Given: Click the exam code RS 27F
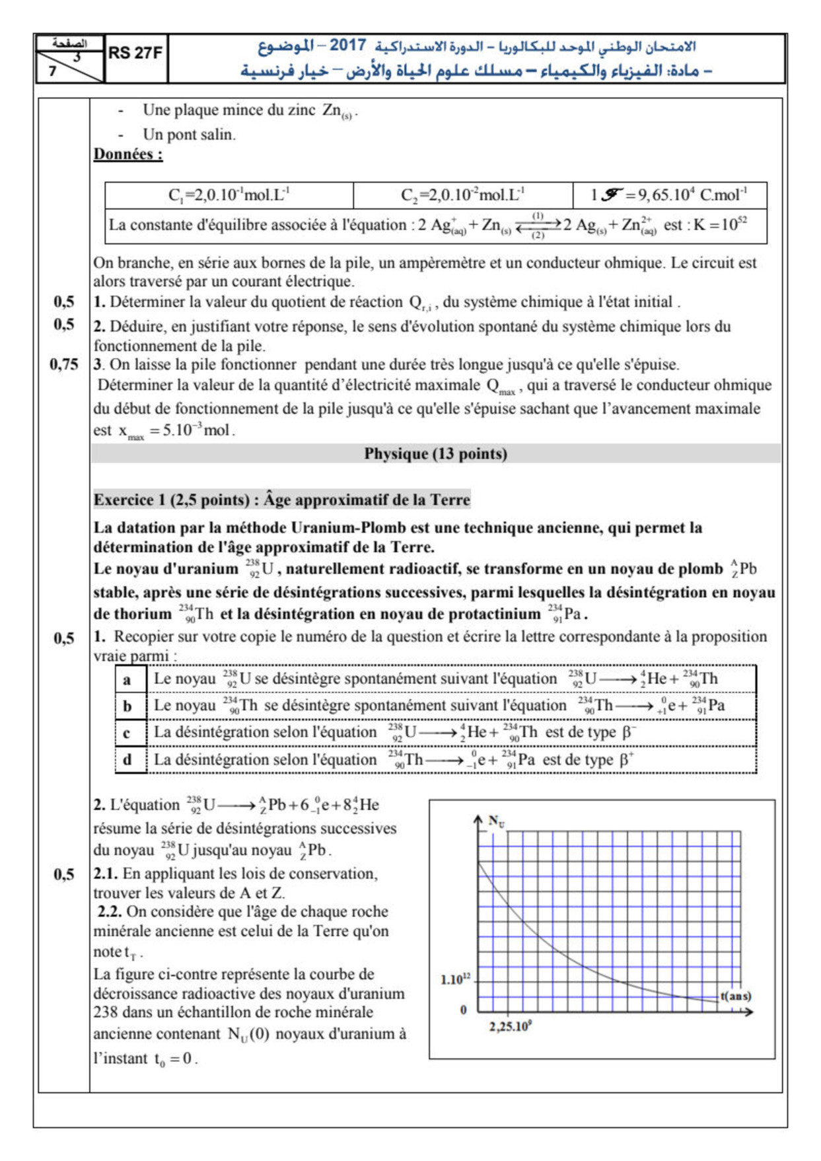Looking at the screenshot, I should [135, 54].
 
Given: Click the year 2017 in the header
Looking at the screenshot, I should [347, 45].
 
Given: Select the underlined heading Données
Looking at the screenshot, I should [127, 154].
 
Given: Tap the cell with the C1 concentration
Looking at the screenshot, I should [229, 195].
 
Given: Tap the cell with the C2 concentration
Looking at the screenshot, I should [462, 195].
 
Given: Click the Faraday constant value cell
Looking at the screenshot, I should [668, 195].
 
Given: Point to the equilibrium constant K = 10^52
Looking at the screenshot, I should [720, 225].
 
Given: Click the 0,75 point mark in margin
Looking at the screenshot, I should [64, 364].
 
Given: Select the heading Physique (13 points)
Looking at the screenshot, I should [435, 454].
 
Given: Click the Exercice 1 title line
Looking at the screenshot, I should [281, 500].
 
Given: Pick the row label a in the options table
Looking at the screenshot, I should [127, 679].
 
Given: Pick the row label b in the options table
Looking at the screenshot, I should [127, 706].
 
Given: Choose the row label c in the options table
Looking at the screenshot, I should [127, 733].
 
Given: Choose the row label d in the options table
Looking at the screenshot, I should [127, 760].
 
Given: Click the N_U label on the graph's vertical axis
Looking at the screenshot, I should [496, 821].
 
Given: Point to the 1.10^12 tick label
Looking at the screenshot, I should [455, 979].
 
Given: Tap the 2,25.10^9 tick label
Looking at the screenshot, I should [510, 1027].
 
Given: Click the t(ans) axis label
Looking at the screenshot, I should [735, 996].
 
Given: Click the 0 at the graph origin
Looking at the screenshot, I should [463, 1010].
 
